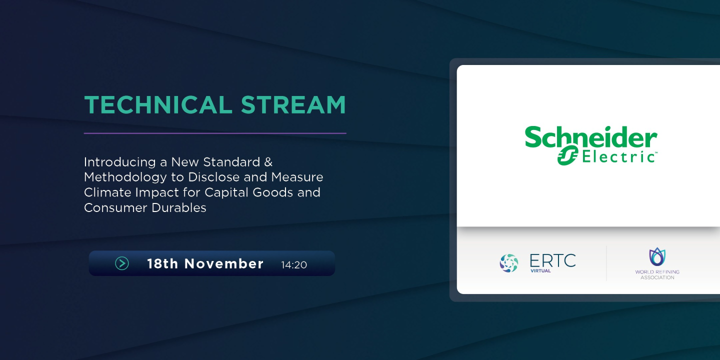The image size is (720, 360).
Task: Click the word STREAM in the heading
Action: tap(293, 105)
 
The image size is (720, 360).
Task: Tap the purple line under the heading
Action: tap(215, 133)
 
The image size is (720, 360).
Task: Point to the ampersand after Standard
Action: tap(268, 162)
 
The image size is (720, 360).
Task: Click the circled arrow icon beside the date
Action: tap(122, 263)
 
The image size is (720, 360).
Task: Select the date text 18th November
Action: tap(205, 263)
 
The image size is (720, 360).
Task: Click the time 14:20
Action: tap(294, 264)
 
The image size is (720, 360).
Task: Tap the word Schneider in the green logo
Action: tap(590, 138)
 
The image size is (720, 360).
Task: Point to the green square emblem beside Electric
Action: tap(568, 156)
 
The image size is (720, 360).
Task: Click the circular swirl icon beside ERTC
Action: tap(509, 263)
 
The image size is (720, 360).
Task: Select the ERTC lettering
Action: tap(552, 260)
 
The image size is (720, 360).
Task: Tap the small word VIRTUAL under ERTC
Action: tap(540, 271)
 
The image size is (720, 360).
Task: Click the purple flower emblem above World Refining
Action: tap(657, 256)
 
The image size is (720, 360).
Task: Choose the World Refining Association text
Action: tap(657, 274)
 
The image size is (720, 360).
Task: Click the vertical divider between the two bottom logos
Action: tap(606, 263)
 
